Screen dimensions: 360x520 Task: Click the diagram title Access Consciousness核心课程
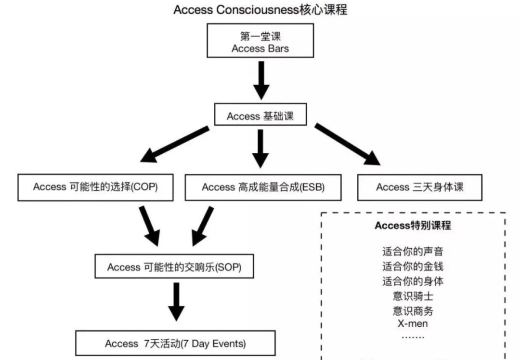(x=260, y=10)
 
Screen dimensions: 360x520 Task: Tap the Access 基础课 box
(x=260, y=116)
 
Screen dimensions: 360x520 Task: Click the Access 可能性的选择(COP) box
(x=96, y=187)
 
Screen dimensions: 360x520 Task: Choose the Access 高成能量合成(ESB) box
(x=263, y=187)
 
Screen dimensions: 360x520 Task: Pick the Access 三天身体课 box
(x=419, y=187)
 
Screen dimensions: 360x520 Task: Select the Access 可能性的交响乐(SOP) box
(x=174, y=267)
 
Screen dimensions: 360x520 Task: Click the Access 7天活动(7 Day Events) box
(x=175, y=343)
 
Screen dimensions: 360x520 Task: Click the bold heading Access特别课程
(x=413, y=226)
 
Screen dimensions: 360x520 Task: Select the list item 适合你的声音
(x=413, y=252)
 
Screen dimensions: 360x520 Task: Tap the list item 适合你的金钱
(x=413, y=266)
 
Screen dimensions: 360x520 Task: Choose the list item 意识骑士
(x=413, y=296)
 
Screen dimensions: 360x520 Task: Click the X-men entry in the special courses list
(x=413, y=323)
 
